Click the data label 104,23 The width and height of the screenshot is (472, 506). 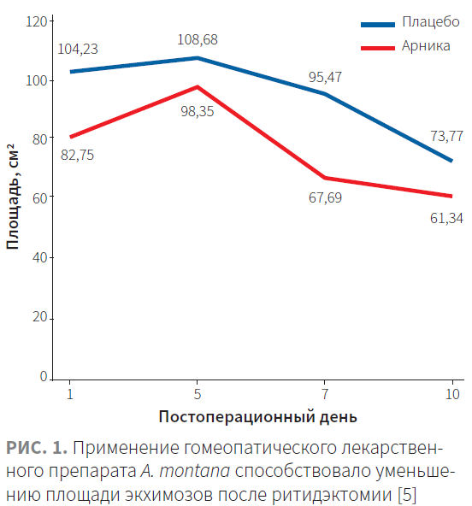click(x=78, y=49)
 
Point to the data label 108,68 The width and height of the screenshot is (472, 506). click(x=198, y=39)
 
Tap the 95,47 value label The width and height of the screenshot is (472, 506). click(x=325, y=78)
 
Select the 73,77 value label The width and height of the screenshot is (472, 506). click(x=447, y=136)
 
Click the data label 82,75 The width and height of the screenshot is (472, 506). click(x=77, y=155)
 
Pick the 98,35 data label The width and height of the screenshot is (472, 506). click(x=198, y=112)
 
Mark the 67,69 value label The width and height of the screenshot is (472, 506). click(x=325, y=197)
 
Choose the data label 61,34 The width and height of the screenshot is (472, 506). click(x=446, y=219)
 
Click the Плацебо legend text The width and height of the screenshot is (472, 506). click(x=431, y=22)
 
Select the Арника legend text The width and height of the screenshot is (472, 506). click(x=426, y=46)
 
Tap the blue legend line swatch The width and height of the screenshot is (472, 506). click(x=378, y=25)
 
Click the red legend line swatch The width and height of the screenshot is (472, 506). click(x=378, y=49)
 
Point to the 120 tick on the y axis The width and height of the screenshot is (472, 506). click(x=37, y=22)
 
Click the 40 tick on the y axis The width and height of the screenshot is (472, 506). click(x=40, y=258)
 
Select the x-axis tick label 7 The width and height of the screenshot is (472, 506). click(x=325, y=394)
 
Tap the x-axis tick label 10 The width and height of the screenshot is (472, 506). click(x=452, y=394)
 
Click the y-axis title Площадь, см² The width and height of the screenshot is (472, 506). click(x=13, y=197)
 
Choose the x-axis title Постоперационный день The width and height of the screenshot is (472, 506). click(x=258, y=417)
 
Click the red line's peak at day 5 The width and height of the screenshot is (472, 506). click(x=198, y=86)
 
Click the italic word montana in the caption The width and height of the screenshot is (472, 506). click(x=195, y=471)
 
